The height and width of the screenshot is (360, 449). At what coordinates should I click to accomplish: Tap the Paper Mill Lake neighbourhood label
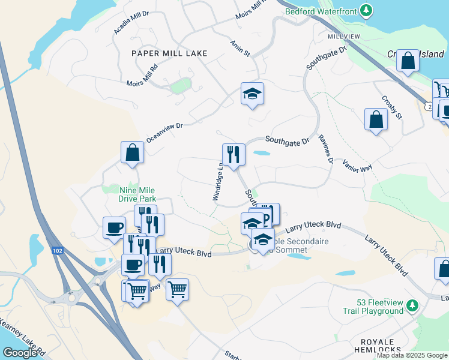[x=169, y=53]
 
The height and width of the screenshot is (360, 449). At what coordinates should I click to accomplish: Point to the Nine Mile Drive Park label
[x=137, y=194]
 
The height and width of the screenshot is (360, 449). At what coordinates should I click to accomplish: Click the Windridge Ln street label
[x=218, y=182]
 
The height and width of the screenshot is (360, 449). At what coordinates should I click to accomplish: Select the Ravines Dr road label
[x=325, y=148]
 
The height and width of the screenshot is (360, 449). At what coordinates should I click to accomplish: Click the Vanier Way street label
[x=357, y=166]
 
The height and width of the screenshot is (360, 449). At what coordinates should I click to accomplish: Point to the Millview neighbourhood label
[x=343, y=37]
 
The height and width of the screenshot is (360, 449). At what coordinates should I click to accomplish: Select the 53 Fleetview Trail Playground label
[x=373, y=307]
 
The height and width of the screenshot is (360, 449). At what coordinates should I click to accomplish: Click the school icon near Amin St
[x=253, y=94]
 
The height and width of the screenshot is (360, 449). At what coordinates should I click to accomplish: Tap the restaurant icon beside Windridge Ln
[x=233, y=155]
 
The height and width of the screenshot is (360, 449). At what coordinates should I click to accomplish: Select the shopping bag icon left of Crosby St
[x=375, y=119]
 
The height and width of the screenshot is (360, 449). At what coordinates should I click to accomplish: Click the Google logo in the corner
[x=19, y=353]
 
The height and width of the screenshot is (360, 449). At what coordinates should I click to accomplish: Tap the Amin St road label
[x=240, y=48]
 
